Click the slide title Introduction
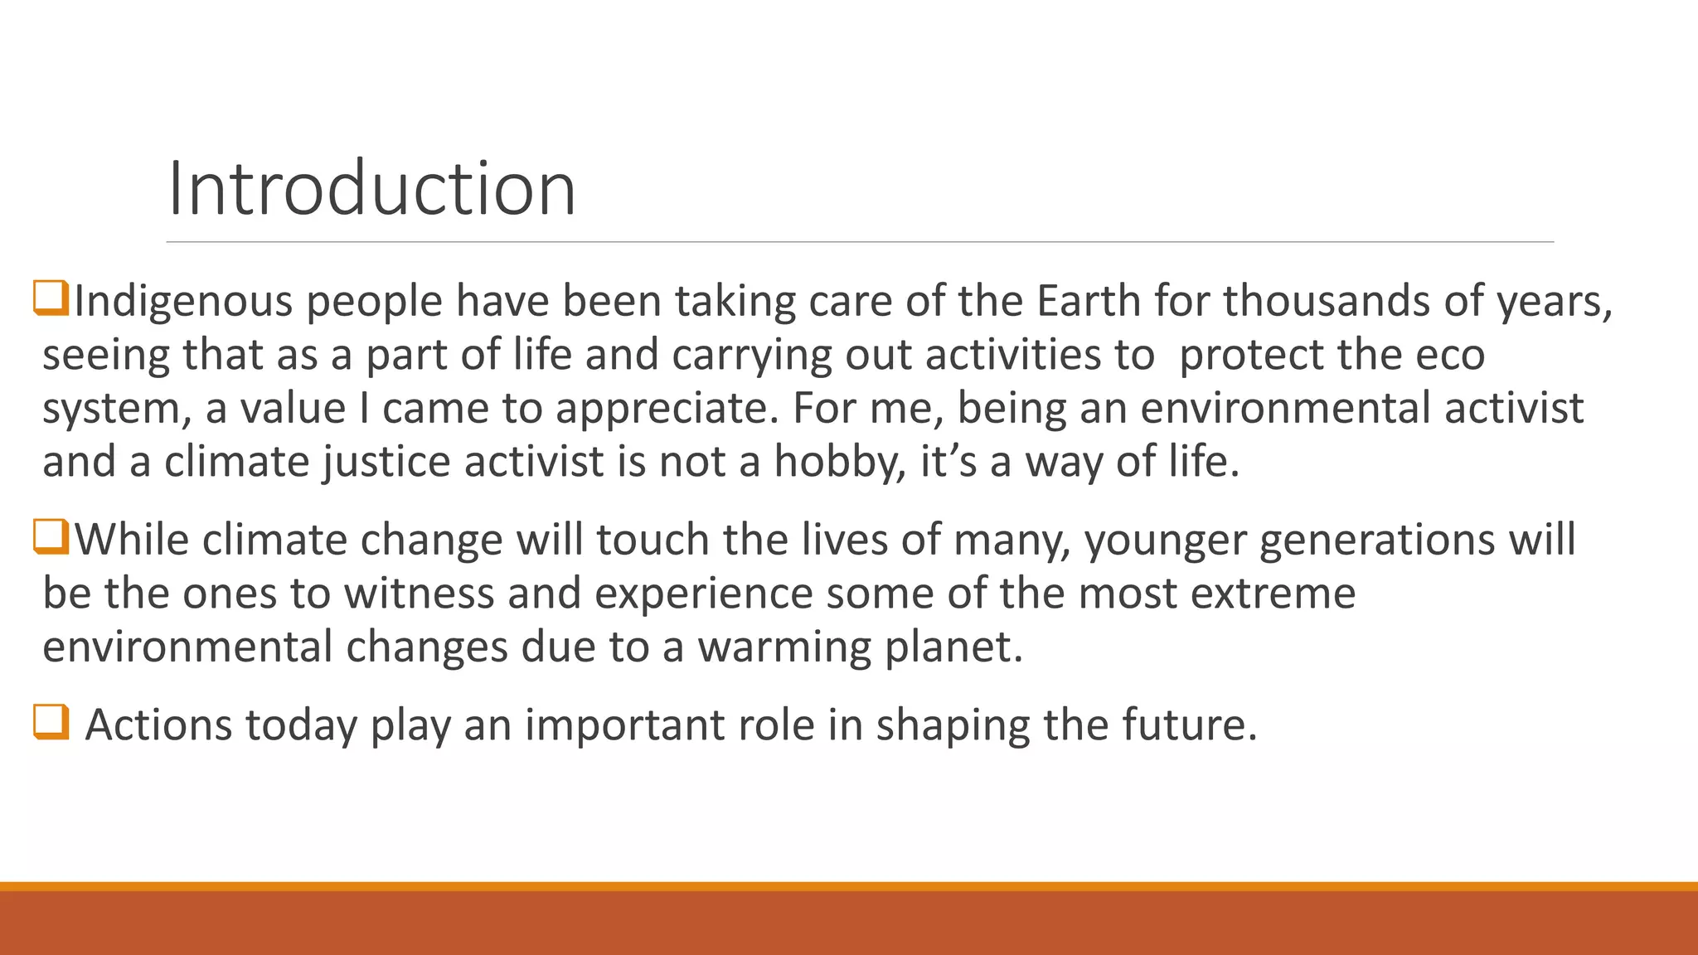pyautogui.click(x=371, y=189)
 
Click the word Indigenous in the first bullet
pyautogui.click(x=183, y=302)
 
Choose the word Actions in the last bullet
pyautogui.click(x=158, y=725)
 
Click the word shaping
pyautogui.click(x=953, y=725)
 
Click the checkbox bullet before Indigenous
pyautogui.click(x=51, y=298)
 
